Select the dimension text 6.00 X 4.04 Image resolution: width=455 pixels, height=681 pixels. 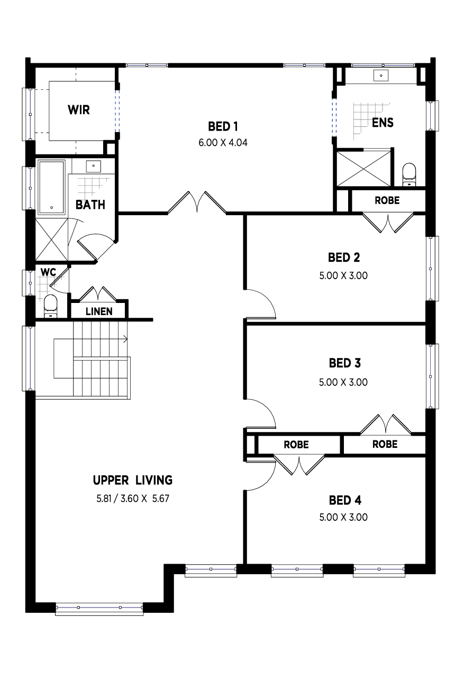click(223, 142)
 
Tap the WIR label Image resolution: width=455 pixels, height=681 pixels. click(78, 110)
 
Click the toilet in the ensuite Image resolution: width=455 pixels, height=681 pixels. click(409, 174)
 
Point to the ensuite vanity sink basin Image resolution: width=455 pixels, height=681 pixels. click(381, 76)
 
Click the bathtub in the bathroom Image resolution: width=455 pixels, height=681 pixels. click(51, 187)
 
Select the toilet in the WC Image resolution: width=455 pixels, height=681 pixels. click(50, 306)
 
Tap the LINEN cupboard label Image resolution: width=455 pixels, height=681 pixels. click(99, 311)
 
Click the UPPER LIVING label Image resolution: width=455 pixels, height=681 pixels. click(132, 480)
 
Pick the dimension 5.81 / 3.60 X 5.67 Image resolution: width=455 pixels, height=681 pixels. click(132, 498)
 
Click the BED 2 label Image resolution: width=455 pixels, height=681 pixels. click(344, 257)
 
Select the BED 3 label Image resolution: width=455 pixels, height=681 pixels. click(344, 363)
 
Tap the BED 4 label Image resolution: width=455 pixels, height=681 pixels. click(344, 500)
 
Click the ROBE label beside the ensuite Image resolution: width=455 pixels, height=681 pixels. click(387, 201)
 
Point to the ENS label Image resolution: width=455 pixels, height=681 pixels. click(383, 123)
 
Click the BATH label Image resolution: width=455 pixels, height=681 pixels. click(90, 205)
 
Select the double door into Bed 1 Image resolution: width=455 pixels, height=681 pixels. click(197, 203)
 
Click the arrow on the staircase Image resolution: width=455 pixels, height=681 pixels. click(125, 338)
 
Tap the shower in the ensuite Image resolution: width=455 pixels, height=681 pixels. click(363, 168)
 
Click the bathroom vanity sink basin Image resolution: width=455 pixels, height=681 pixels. click(94, 166)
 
